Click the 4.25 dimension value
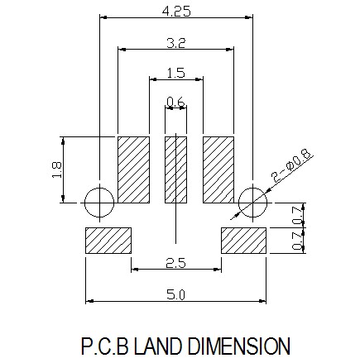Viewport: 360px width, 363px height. tap(176, 12)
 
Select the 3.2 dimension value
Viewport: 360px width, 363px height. tap(176, 43)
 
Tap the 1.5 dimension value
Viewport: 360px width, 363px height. tap(176, 74)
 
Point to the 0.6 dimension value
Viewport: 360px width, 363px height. tap(175, 103)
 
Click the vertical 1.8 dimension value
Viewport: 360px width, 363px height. tap(57, 170)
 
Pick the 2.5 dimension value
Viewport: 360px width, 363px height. tap(176, 263)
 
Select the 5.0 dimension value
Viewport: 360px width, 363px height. tap(175, 295)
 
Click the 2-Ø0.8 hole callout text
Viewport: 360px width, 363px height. tap(290, 165)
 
